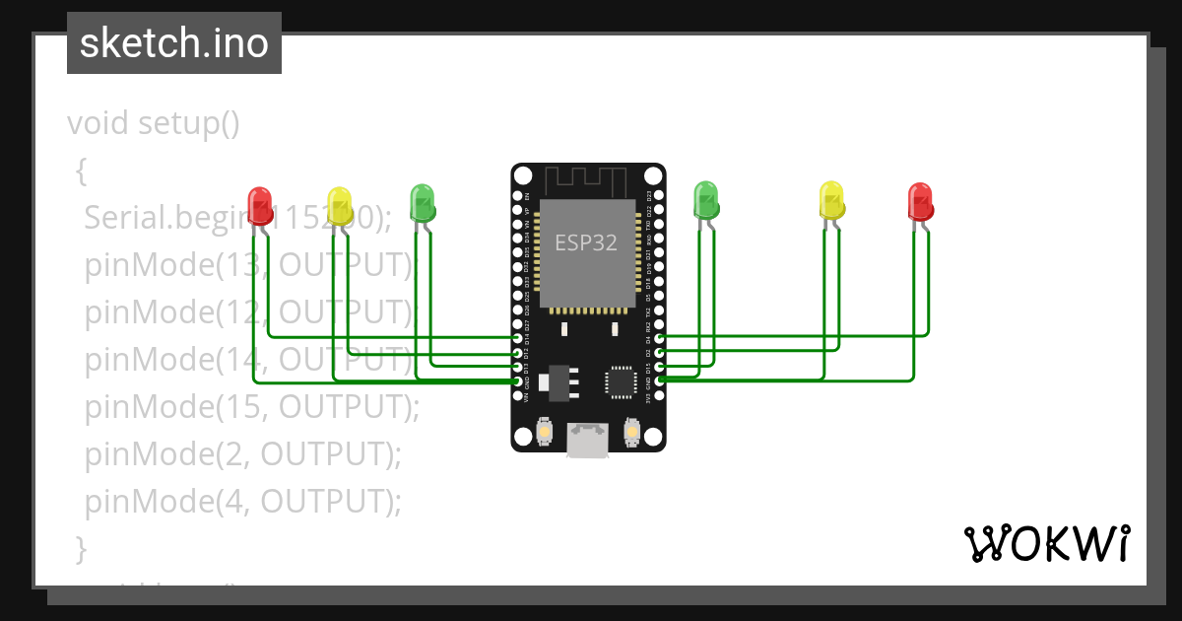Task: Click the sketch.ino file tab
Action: (174, 43)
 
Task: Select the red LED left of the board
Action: (260, 205)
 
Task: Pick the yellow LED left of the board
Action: (339, 206)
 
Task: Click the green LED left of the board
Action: (422, 202)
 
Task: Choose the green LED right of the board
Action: (706, 200)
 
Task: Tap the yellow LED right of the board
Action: (831, 200)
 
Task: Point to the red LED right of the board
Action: (919, 201)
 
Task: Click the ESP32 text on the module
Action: (586, 242)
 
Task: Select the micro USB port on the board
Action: (588, 441)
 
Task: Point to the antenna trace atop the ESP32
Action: (588, 180)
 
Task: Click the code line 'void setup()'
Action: (154, 124)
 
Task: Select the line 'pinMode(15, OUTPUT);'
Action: (252, 406)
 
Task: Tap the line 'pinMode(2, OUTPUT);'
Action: (243, 453)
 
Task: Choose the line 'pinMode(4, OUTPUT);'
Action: (243, 501)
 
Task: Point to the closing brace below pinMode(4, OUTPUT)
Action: (81, 547)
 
